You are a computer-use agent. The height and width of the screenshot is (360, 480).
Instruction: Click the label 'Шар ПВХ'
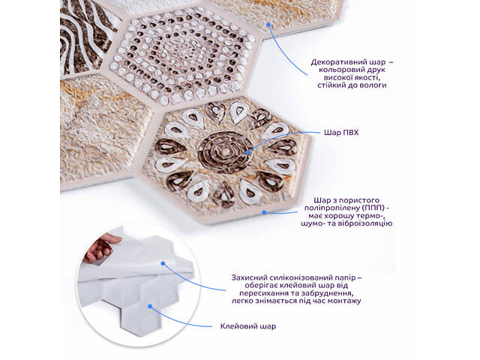click(x=341, y=133)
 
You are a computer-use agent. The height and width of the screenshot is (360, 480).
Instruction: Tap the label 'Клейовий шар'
click(x=248, y=326)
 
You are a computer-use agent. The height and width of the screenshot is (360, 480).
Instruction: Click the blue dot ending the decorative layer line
click(x=268, y=25)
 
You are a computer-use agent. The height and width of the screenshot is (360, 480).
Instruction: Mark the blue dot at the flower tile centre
click(x=247, y=152)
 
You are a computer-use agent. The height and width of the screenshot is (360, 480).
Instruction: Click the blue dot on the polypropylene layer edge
click(x=264, y=211)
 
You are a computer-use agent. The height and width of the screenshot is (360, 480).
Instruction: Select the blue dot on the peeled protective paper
click(x=163, y=263)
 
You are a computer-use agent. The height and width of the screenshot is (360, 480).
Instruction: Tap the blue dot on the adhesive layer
click(x=150, y=306)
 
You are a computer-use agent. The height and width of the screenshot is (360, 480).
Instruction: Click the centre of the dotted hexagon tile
click(x=182, y=55)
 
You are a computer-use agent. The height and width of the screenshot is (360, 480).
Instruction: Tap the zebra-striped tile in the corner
click(x=87, y=37)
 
